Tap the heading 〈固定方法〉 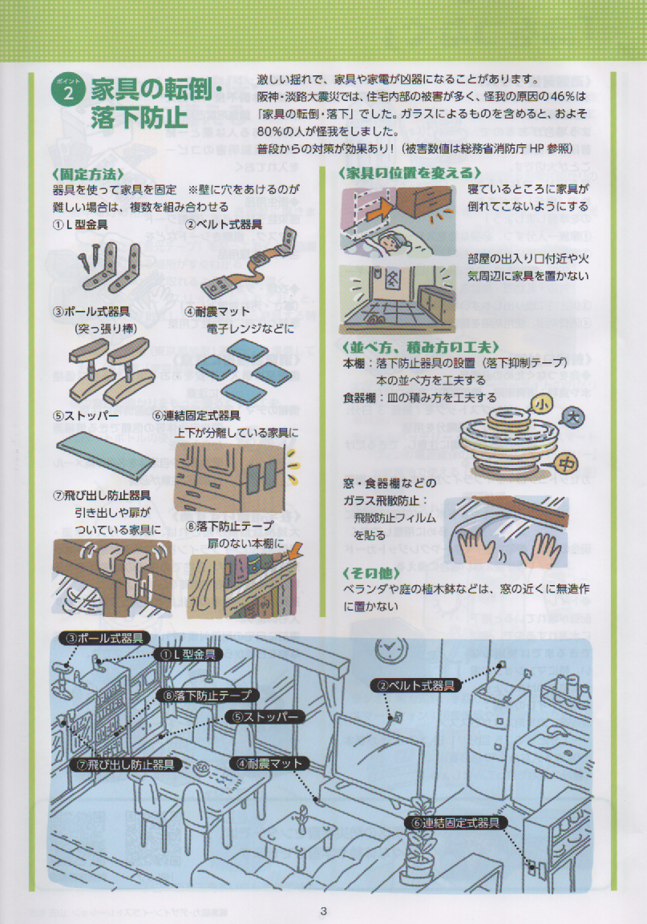click(x=88, y=174)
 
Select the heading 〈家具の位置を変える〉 click(x=410, y=172)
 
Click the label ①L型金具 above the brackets click(x=80, y=224)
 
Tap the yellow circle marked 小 click(x=543, y=405)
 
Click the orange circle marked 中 click(x=567, y=464)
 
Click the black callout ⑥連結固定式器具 click(x=457, y=823)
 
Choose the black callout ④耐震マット click(x=269, y=764)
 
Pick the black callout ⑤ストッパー click(x=265, y=716)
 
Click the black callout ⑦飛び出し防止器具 click(x=125, y=765)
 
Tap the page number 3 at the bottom click(x=323, y=911)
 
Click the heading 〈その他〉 click(x=371, y=573)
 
